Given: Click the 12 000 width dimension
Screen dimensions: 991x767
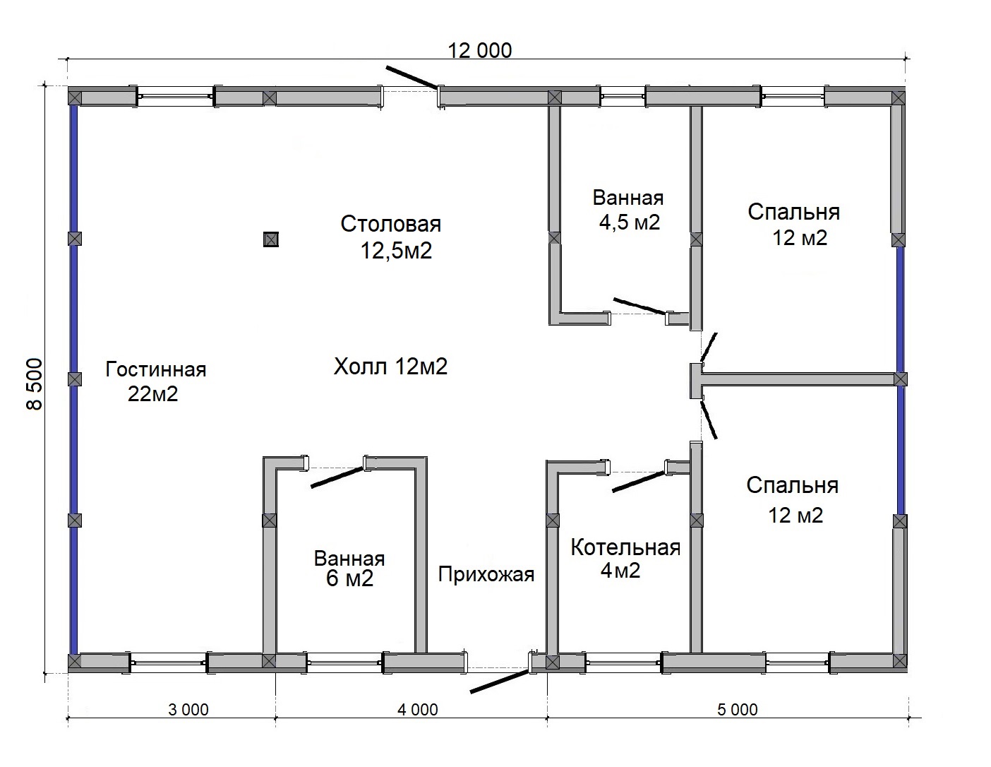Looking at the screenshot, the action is (x=480, y=50).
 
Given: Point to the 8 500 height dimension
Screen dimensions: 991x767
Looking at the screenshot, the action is (x=35, y=383).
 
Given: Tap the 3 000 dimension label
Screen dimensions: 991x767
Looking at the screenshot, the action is (x=188, y=710).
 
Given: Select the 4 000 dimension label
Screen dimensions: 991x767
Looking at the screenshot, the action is (x=418, y=710).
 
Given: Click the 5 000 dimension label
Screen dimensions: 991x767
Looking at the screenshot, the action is (x=738, y=710).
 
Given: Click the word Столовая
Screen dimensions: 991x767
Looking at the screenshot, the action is (x=391, y=224).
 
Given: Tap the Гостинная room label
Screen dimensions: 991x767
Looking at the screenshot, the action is (x=155, y=369).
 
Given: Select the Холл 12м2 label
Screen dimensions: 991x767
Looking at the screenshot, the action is (x=390, y=367).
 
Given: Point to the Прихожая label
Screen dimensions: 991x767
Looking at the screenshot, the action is (x=486, y=574).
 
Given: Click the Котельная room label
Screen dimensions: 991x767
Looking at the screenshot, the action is (x=625, y=547).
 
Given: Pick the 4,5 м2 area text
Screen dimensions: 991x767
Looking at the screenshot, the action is (x=630, y=222).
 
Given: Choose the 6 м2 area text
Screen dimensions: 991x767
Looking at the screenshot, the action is (x=350, y=578).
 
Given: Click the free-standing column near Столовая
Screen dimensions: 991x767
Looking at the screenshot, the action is (x=271, y=239).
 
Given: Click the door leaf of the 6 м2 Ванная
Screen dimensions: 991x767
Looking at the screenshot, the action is (x=337, y=477).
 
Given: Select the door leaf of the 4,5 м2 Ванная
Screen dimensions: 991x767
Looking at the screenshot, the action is (x=640, y=306).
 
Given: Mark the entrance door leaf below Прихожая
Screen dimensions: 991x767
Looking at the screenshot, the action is (x=500, y=682).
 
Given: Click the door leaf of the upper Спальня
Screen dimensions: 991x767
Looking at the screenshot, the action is (x=709, y=347).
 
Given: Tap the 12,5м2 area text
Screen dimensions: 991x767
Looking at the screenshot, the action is (x=396, y=251).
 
